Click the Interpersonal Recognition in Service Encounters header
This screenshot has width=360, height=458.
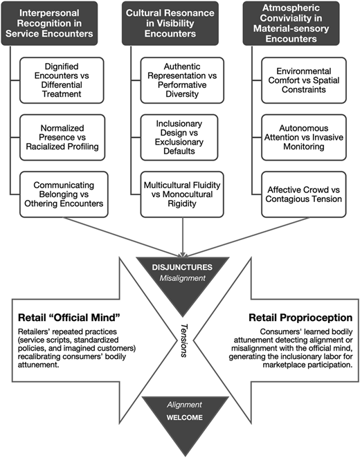[x=49, y=24]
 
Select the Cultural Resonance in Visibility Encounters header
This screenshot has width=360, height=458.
[x=170, y=24]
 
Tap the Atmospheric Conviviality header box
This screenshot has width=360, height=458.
[x=291, y=24]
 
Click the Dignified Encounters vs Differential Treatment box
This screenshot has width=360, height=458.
[x=62, y=80]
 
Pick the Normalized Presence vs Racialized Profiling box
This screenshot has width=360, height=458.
[x=62, y=137]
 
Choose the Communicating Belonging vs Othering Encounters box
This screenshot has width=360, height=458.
[x=64, y=194]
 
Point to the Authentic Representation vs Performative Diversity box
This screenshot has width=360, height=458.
[x=182, y=80]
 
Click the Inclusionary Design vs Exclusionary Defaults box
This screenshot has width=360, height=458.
[x=179, y=137]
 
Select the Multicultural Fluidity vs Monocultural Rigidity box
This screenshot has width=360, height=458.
[x=182, y=194]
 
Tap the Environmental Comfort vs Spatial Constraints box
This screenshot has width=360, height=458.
[x=304, y=80]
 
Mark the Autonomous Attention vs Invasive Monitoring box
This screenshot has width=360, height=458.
[x=304, y=137]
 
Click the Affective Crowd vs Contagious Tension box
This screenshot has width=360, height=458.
[x=304, y=194]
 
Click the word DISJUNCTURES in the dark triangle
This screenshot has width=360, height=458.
[x=182, y=267]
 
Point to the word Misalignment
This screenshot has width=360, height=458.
[x=182, y=278]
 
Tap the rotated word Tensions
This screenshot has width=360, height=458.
[x=184, y=340]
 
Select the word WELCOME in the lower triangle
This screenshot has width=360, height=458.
[x=184, y=417]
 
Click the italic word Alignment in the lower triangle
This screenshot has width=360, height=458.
[x=184, y=405]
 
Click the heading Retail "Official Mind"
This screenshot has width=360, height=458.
[x=69, y=318]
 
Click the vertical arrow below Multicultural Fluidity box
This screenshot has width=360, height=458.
[x=182, y=237]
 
